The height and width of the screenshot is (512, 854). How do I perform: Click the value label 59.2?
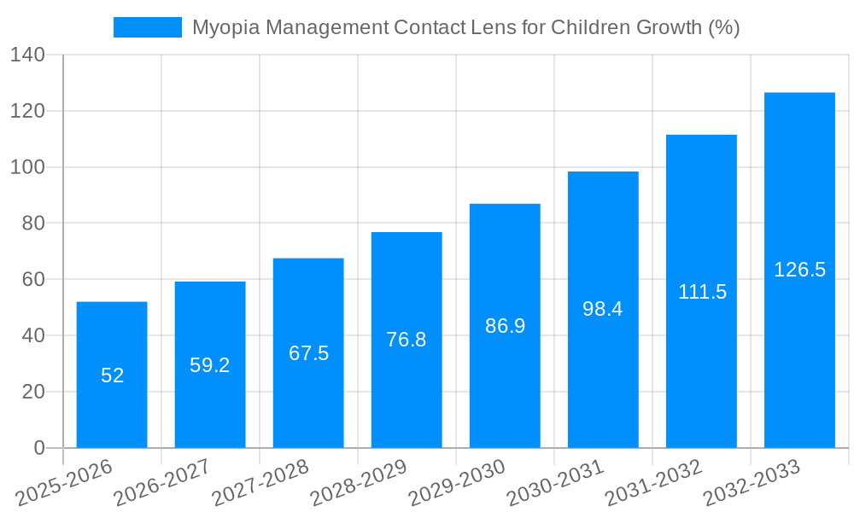(x=210, y=365)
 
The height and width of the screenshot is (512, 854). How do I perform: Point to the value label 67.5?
(x=308, y=353)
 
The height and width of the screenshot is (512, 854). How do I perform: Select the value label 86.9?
(x=505, y=326)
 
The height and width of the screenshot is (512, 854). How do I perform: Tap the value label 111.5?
(x=702, y=292)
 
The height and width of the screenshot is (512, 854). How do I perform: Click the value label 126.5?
(x=799, y=270)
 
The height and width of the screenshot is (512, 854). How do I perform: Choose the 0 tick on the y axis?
(x=38, y=448)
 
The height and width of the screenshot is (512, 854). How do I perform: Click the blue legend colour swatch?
(x=148, y=27)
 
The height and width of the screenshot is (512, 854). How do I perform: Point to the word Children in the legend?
(x=590, y=27)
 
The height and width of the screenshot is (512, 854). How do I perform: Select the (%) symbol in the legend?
(x=722, y=27)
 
